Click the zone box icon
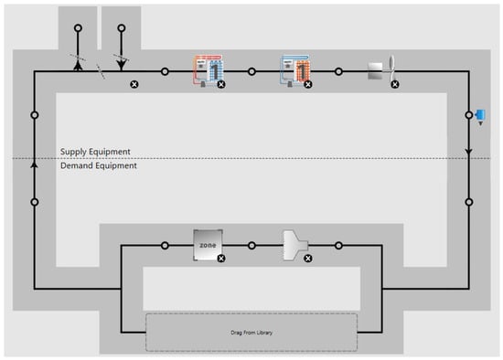click(x=208, y=245)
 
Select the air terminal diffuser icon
click(x=295, y=245)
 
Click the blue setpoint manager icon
click(x=480, y=117)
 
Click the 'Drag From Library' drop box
click(x=251, y=333)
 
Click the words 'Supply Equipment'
click(x=95, y=152)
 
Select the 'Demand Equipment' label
click(x=99, y=165)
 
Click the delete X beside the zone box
click(x=221, y=259)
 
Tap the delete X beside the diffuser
click(x=308, y=259)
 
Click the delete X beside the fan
click(x=395, y=84)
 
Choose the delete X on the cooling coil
click(x=221, y=84)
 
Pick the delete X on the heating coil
click(x=308, y=84)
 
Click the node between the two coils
click(x=251, y=71)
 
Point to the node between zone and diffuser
click(x=251, y=246)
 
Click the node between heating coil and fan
click(x=338, y=71)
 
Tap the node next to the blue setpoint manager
click(x=469, y=115)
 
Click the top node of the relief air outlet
click(x=78, y=28)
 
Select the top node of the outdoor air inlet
click(x=122, y=28)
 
